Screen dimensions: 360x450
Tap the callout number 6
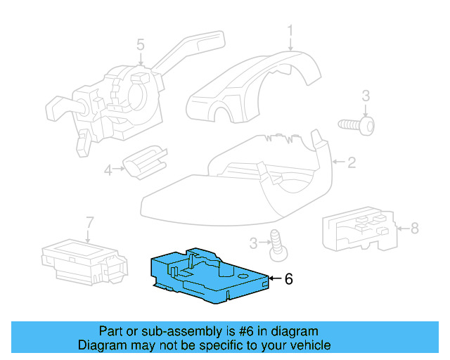288,279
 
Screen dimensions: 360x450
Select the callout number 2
351,163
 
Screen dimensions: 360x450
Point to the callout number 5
141,45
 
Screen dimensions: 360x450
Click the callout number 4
108,169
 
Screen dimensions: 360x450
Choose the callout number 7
89,223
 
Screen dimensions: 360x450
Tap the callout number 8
414,228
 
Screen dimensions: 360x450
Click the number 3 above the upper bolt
366,96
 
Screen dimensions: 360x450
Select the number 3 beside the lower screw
252,243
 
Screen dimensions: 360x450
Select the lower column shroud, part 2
232,190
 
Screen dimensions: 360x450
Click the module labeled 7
81,257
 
